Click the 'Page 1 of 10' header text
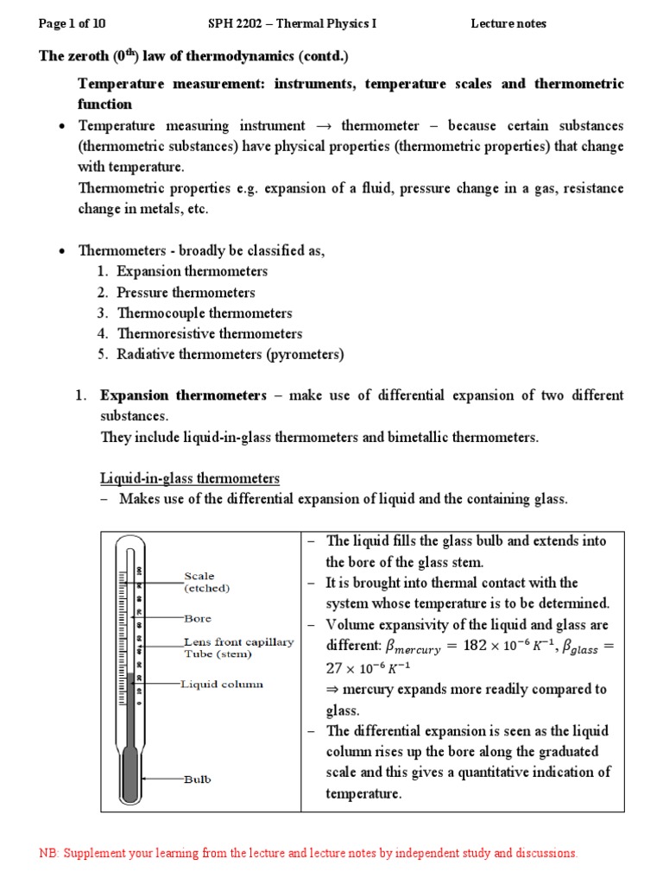click(74, 23)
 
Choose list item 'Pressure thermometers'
click(186, 293)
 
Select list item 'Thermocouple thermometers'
click(204, 313)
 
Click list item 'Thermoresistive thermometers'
click(209, 334)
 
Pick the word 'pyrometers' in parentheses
click(306, 355)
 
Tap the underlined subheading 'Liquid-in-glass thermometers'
click(190, 478)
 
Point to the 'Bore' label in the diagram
click(198, 619)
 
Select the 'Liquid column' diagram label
click(222, 684)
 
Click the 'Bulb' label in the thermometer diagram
click(197, 780)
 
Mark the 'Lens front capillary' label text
click(239, 642)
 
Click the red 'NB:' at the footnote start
click(50, 853)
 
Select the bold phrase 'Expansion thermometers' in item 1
click(183, 395)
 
